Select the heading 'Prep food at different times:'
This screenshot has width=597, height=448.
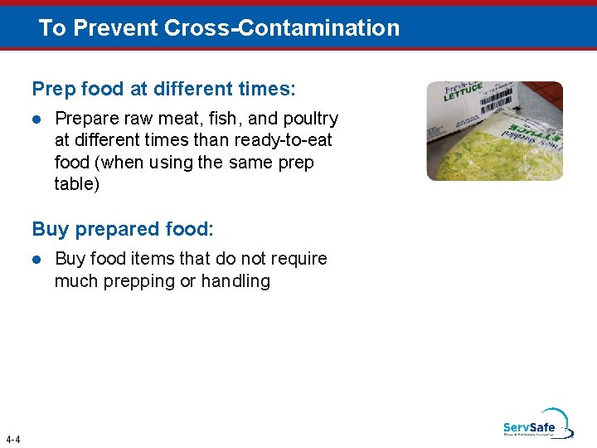coord(163,88)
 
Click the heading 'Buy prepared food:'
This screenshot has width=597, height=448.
coord(123,228)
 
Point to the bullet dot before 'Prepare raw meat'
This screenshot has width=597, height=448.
coord(36,119)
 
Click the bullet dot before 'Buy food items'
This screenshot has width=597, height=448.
coord(36,260)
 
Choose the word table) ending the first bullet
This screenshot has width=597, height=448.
coord(76,184)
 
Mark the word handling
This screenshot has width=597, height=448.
coord(235,281)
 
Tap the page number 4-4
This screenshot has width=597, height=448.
coord(12,439)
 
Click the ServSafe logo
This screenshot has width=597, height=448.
coord(536,424)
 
